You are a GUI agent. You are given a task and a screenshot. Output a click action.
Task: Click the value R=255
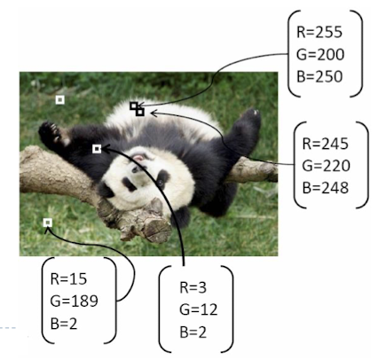tap(319, 32)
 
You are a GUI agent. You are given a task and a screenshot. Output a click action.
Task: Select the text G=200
tap(320, 54)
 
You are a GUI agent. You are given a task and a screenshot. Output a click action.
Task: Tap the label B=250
tap(319, 76)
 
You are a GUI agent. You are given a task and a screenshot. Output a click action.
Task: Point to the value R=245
tap(325, 144)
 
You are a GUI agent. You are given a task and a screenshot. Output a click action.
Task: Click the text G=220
tap(326, 166)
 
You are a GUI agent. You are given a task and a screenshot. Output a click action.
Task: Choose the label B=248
tap(326, 188)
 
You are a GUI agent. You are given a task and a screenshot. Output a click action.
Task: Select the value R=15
tap(68, 278)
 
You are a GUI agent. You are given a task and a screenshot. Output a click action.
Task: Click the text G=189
tap(74, 301)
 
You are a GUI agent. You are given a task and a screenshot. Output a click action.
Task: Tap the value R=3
tap(193, 287)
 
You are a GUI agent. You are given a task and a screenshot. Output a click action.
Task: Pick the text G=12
tap(198, 309)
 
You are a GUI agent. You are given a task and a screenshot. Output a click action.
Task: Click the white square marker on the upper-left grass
tap(60, 100)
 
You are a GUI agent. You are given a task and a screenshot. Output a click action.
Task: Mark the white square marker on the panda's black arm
tap(97, 149)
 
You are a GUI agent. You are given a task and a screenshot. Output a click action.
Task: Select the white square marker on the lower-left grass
tap(48, 223)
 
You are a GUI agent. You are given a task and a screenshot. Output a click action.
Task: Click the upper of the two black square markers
tap(134, 106)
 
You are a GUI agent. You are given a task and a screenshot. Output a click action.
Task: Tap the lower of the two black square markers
tap(140, 112)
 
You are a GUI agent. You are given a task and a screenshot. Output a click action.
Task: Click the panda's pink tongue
tap(138, 158)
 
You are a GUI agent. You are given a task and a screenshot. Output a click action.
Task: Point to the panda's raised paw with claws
tap(50, 132)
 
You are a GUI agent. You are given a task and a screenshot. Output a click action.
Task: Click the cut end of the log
tap(157, 231)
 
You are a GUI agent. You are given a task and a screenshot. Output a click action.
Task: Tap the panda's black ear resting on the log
tap(106, 191)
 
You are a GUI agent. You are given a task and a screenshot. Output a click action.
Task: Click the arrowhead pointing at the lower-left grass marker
tap(47, 231)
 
